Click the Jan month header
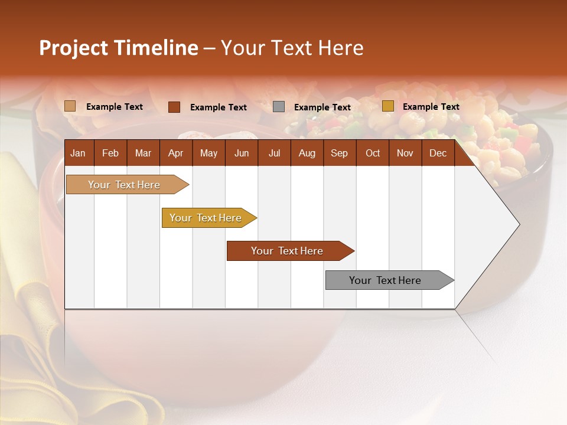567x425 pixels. point(78,153)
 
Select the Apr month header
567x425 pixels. point(175,153)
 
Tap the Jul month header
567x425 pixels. point(274,153)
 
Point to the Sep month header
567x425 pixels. point(339,153)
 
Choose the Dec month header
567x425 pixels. point(438,153)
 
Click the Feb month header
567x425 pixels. point(110,153)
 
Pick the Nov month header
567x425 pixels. point(405,153)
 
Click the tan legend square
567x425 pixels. point(70,106)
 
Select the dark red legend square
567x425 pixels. point(174,107)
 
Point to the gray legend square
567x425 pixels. point(279,107)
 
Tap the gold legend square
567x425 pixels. point(387,106)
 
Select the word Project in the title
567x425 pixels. point(74,48)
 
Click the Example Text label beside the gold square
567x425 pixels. point(431,107)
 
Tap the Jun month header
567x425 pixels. point(242,153)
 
